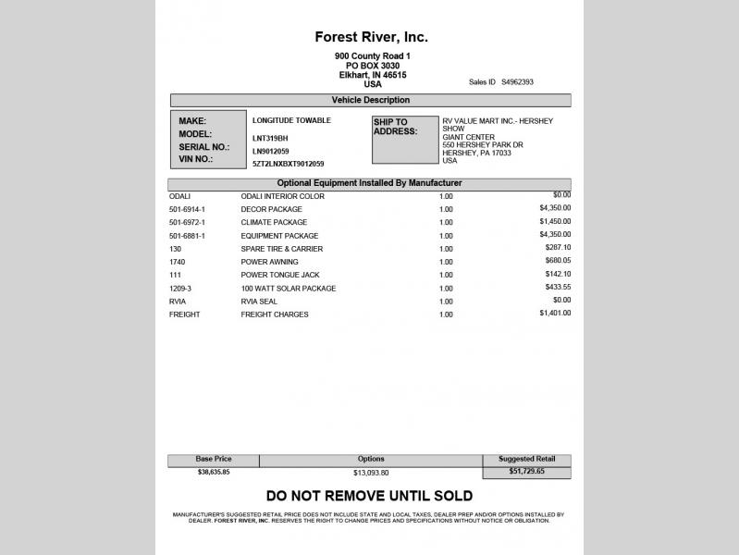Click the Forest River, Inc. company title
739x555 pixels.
click(371, 38)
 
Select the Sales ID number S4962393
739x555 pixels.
click(517, 81)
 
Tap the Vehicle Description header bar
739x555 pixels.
click(370, 100)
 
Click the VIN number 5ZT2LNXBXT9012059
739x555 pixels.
click(288, 164)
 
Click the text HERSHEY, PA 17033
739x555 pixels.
click(476, 153)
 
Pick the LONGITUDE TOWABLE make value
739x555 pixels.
click(291, 120)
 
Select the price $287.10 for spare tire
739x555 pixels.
click(555, 248)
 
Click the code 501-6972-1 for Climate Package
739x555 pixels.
click(187, 223)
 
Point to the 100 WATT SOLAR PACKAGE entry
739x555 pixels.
click(288, 289)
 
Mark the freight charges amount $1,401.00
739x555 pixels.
click(555, 314)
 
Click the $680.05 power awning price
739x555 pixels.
click(555, 261)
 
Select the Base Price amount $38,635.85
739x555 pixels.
click(214, 472)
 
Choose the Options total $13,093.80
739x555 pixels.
click(370, 473)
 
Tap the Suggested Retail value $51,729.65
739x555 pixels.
click(527, 472)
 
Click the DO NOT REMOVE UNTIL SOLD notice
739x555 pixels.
click(369, 496)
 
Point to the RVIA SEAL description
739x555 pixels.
click(261, 302)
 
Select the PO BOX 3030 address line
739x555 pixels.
click(373, 66)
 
